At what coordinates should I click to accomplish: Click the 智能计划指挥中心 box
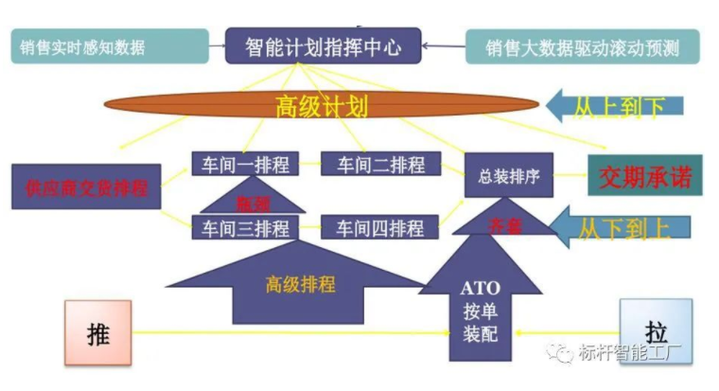322,45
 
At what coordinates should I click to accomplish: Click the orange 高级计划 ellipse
322,104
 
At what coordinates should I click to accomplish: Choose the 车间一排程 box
245,164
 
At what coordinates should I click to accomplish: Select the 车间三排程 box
245,227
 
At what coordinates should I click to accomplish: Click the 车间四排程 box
378,227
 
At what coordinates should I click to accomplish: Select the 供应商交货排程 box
86,187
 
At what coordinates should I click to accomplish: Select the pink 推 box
97,333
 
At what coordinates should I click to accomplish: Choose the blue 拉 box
656,331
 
